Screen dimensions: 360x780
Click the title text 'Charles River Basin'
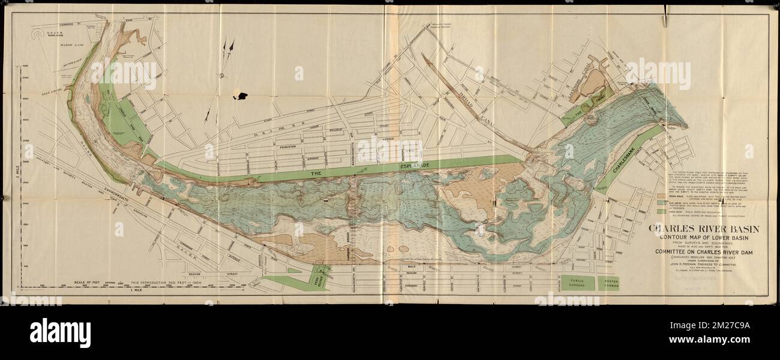click(703, 229)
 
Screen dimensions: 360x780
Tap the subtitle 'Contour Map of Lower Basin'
click(703, 237)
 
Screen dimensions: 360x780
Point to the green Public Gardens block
click(577, 283)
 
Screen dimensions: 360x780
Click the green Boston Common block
click(608, 283)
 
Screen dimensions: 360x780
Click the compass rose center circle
click(221, 76)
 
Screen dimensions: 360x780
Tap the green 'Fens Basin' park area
click(320, 277)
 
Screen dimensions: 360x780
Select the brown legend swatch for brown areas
click(661, 195)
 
